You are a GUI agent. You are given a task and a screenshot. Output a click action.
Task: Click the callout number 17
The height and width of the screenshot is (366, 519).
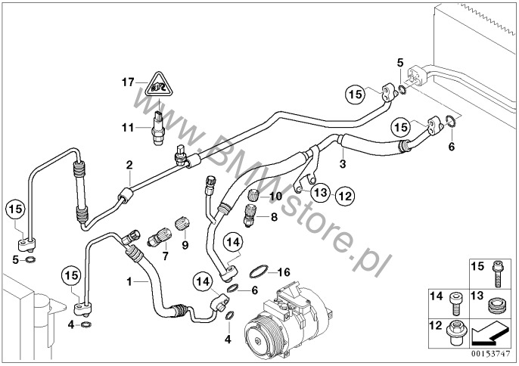pos(128,82)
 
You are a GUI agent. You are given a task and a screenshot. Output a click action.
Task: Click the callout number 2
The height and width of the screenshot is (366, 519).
pos(129,165)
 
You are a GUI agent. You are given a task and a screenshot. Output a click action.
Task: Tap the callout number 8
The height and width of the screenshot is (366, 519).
pos(274,217)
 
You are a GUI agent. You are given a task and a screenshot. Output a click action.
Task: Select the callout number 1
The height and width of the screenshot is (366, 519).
pos(129,281)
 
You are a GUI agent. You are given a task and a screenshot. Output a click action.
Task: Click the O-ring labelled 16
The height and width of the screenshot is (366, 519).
pos(258,271)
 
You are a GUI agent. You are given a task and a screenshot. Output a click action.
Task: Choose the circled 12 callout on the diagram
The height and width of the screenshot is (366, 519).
pos(345,196)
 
